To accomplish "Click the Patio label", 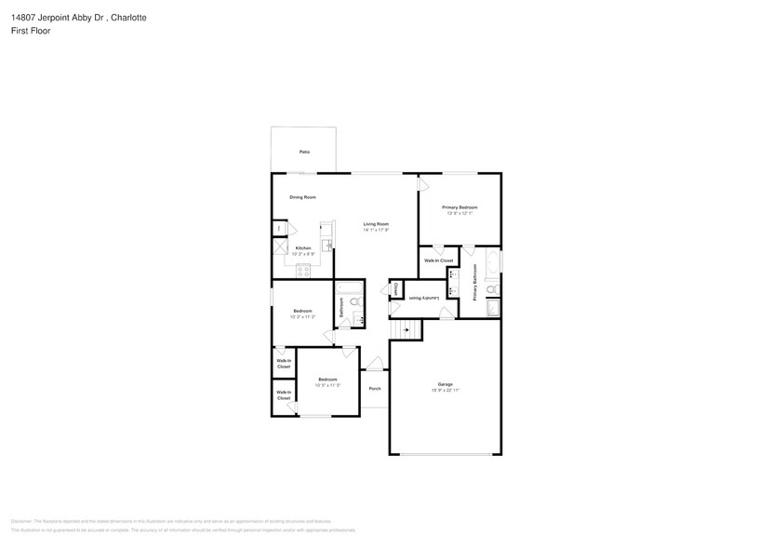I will [x=304, y=152].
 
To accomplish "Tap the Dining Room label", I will [x=302, y=197].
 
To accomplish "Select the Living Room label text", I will [x=376, y=224].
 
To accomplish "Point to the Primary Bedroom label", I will [x=460, y=207].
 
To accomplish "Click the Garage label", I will [x=446, y=384].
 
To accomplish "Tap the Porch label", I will [x=374, y=388].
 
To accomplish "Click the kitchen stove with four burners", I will [x=302, y=271].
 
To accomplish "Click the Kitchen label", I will [x=303, y=248].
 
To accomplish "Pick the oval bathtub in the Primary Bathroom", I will [x=494, y=260].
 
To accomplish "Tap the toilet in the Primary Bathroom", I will [x=492, y=290].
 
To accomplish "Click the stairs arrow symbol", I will [x=405, y=329].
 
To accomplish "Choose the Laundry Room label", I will [x=423, y=298].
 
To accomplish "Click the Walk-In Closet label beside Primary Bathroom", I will [x=438, y=260].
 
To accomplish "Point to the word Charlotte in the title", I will [x=127, y=18].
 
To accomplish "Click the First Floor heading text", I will [x=32, y=31].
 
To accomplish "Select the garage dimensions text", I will [x=446, y=391].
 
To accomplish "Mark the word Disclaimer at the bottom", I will [x=22, y=521].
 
